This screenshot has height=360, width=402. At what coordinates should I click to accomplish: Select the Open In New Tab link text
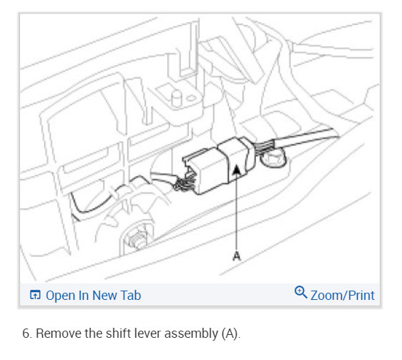(93, 295)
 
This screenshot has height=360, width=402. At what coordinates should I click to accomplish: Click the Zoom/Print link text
(342, 295)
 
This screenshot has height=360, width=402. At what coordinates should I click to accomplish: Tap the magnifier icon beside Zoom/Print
(300, 293)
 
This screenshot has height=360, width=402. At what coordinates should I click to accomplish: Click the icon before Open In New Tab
(34, 295)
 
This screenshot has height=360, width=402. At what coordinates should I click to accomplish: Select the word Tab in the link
(130, 295)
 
